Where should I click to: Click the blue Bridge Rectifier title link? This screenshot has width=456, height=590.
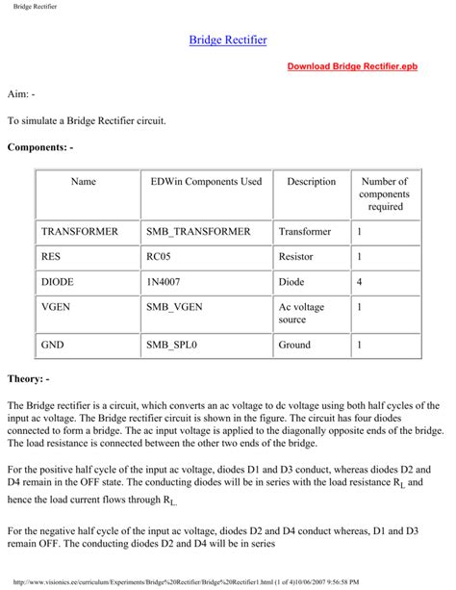(228, 40)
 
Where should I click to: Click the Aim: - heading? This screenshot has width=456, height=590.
(21, 97)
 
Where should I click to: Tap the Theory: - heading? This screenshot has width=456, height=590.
(35, 378)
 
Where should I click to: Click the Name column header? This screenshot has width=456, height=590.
(84, 182)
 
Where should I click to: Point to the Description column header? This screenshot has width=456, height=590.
(311, 182)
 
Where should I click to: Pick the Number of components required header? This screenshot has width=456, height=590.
(384, 193)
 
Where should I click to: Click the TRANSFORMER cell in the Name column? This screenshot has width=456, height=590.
(80, 232)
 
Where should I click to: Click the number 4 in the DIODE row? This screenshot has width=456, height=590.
(360, 282)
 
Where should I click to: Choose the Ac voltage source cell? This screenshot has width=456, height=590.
(304, 313)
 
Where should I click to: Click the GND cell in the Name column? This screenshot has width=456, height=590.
(53, 344)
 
